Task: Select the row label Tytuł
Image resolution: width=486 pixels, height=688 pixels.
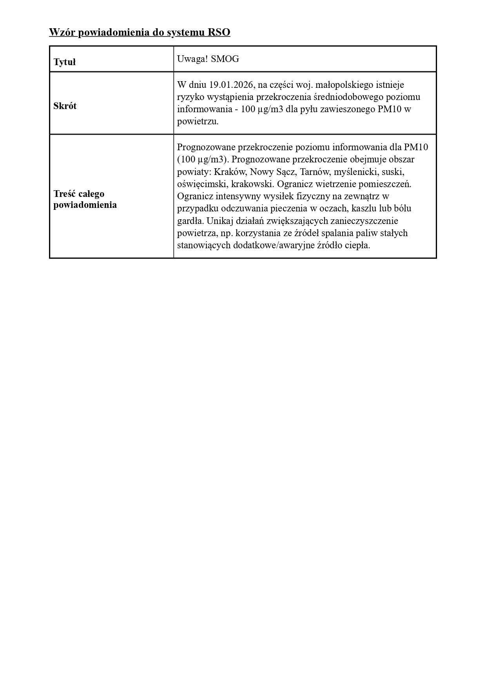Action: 65,62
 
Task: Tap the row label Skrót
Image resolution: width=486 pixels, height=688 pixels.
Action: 65,106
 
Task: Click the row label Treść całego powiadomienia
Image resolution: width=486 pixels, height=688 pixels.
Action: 85,199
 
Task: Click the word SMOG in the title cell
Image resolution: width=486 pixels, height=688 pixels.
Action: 225,59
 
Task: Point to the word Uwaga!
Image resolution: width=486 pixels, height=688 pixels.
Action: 192,59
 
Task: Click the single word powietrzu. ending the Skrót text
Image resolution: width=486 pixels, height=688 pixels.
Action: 198,122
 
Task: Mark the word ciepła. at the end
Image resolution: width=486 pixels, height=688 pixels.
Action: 357,246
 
